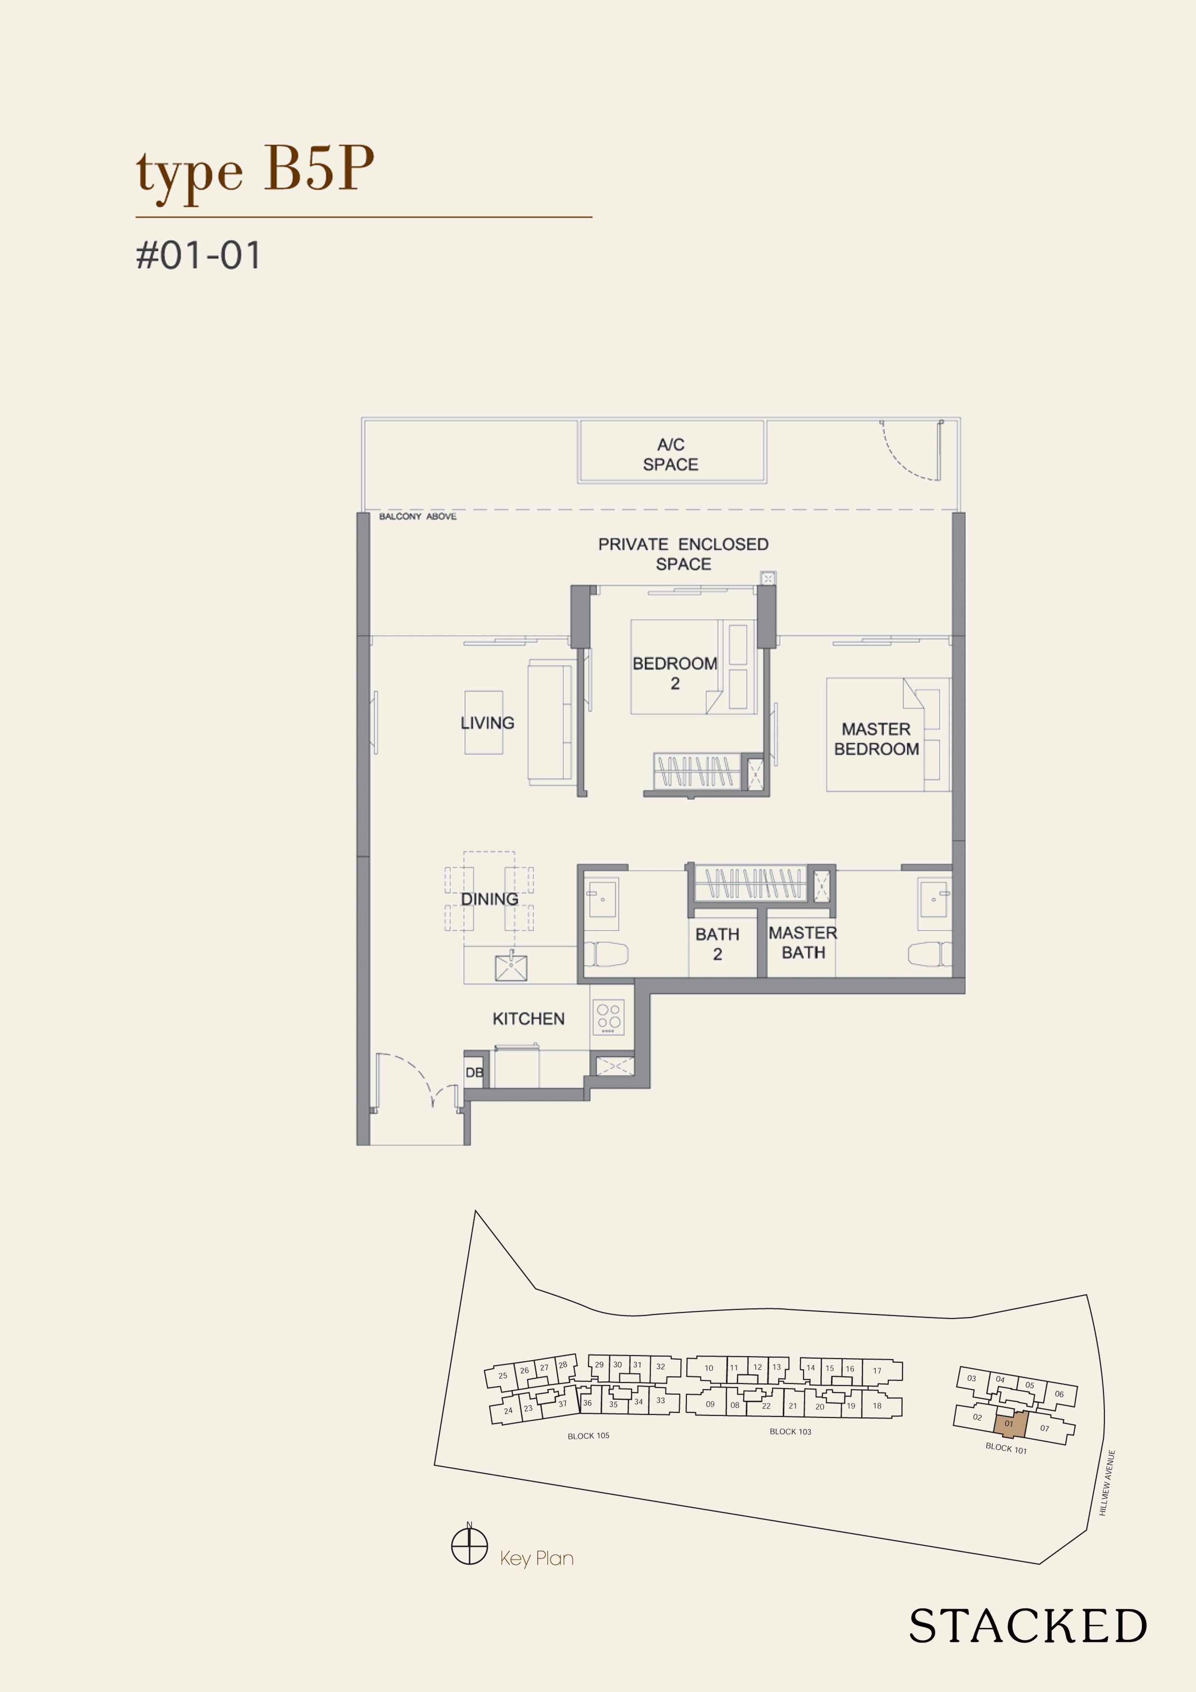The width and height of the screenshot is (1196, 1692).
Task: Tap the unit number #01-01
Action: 198,256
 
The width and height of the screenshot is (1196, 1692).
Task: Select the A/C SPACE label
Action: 671,455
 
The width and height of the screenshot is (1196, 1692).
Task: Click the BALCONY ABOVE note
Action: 417,517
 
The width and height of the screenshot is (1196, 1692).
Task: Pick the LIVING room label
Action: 487,723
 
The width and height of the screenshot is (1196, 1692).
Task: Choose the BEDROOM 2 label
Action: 674,673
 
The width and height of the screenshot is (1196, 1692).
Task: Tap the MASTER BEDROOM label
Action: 876,739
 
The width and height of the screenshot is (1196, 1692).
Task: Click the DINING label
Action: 489,899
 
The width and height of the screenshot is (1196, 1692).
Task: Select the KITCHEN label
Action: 529,1019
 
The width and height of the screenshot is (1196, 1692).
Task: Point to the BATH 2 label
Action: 717,944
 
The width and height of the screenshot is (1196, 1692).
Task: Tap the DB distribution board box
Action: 475,1072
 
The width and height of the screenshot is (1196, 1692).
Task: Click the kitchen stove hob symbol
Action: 609,1017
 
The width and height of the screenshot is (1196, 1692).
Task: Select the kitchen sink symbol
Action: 511,966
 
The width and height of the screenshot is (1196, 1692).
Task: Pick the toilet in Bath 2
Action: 606,954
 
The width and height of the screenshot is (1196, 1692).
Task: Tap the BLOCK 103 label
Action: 790,1431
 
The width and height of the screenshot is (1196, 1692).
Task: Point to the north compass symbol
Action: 469,1545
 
